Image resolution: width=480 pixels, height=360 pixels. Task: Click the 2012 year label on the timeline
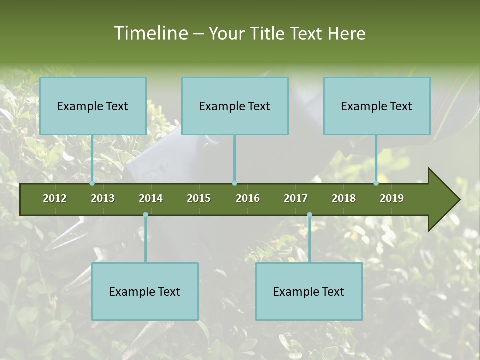point(55,198)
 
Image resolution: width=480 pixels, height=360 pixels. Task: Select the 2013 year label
point(103,198)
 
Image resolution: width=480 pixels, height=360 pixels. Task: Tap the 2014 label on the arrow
point(151,198)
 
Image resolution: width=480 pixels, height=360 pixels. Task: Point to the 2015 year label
point(199,198)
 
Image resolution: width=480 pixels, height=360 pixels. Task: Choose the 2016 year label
point(248,198)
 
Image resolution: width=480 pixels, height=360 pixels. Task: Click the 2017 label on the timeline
point(296,198)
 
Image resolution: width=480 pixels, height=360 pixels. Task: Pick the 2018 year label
point(344,198)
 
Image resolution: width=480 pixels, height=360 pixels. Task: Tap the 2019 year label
point(392,198)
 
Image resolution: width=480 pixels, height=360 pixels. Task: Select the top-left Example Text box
point(93,106)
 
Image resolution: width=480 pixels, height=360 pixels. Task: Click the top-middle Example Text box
point(235,106)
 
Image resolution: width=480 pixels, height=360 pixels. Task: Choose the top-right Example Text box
point(377,106)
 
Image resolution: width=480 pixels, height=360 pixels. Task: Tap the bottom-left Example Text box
point(145,291)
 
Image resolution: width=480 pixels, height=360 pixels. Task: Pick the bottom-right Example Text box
point(309,291)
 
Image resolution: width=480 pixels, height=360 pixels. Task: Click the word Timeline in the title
point(150,33)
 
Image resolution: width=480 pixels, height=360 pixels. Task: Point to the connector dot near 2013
point(92,183)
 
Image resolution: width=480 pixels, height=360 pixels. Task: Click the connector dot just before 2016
point(234,183)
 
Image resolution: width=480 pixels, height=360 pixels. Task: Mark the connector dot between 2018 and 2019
point(376,183)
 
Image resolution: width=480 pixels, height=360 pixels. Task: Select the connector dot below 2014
point(145,215)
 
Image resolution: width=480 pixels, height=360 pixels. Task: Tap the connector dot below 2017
point(309,215)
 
